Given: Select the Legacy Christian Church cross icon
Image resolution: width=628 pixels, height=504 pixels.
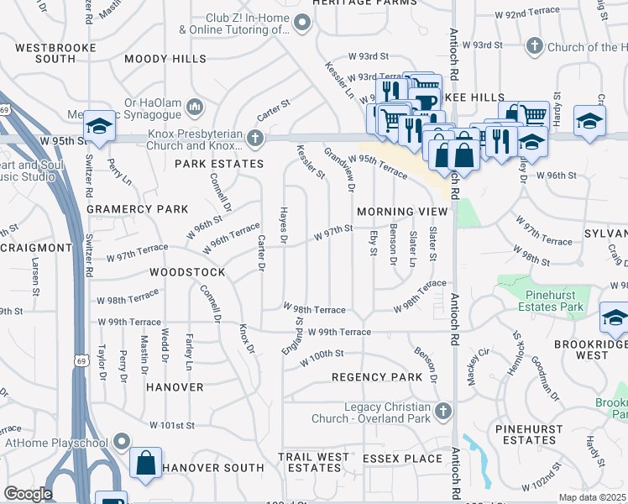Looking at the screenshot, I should coord(444,411).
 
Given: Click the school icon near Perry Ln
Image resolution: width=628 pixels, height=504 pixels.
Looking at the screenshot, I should coord(99,128).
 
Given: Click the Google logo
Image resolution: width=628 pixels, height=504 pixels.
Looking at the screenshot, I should coord(29,493).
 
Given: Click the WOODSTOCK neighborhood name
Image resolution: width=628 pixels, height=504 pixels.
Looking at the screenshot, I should coord(187,273).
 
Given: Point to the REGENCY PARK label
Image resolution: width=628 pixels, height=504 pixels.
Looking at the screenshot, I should coord(377,377).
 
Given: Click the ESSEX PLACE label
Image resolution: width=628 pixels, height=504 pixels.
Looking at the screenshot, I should coord(402,459).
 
